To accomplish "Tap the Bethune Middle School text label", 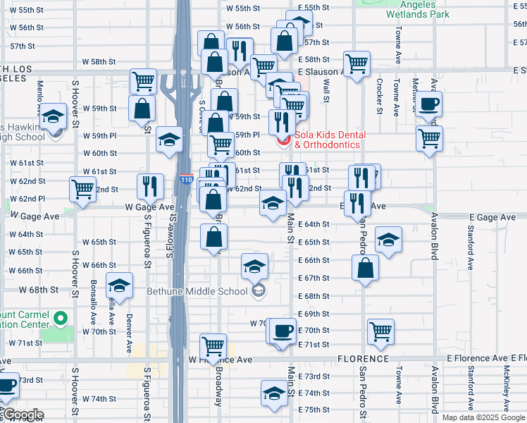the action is tap(197, 290).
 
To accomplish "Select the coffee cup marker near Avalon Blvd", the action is tap(428, 105).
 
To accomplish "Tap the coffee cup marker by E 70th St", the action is tap(283, 331).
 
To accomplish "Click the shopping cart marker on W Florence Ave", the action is tap(213, 346).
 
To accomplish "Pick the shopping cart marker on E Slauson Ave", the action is tap(357, 63).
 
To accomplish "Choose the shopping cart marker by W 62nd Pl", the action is tap(83, 190).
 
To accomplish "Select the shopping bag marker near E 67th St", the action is tap(365, 268).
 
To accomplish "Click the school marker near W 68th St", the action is tap(119, 286).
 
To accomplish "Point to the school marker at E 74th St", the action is tap(274, 394).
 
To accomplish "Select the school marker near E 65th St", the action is tap(388, 240).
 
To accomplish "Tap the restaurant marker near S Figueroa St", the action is tap(149, 186).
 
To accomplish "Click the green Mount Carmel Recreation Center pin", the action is tap(61, 319).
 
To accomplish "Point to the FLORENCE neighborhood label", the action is tap(363, 359).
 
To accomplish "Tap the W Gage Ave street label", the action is tap(149, 207).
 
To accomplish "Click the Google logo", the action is tap(23, 415).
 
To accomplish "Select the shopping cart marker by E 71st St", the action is tap(380, 331).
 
